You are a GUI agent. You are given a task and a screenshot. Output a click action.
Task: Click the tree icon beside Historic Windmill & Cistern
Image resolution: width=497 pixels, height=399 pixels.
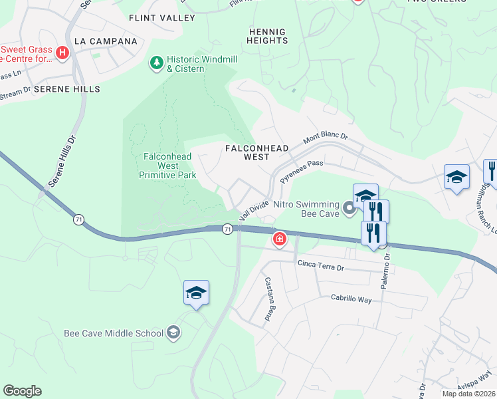[x=157, y=63]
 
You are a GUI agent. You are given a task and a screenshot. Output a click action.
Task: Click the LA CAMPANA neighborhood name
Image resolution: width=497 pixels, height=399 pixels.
[x=106, y=41]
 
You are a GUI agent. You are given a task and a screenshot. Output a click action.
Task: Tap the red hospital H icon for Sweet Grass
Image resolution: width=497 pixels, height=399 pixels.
[x=62, y=53]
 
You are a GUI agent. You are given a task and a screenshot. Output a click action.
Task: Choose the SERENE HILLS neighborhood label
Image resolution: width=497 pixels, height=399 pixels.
[x=67, y=88]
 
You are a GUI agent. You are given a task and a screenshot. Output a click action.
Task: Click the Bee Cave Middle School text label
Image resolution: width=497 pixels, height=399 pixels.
[x=113, y=333]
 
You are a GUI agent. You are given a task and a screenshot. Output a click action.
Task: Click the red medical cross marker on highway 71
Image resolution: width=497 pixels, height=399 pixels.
[x=280, y=239]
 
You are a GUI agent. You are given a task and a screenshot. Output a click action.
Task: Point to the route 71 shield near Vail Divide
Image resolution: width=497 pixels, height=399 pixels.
[x=228, y=229]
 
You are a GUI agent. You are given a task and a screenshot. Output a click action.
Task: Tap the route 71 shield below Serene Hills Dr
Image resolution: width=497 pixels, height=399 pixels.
[x=78, y=220]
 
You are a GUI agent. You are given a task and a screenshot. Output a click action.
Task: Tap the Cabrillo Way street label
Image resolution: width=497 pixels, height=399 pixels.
[x=351, y=299]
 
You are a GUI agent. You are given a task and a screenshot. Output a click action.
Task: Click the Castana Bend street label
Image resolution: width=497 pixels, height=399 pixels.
[x=269, y=299]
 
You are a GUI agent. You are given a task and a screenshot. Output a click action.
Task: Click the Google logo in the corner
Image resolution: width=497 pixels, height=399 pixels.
[x=22, y=391]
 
